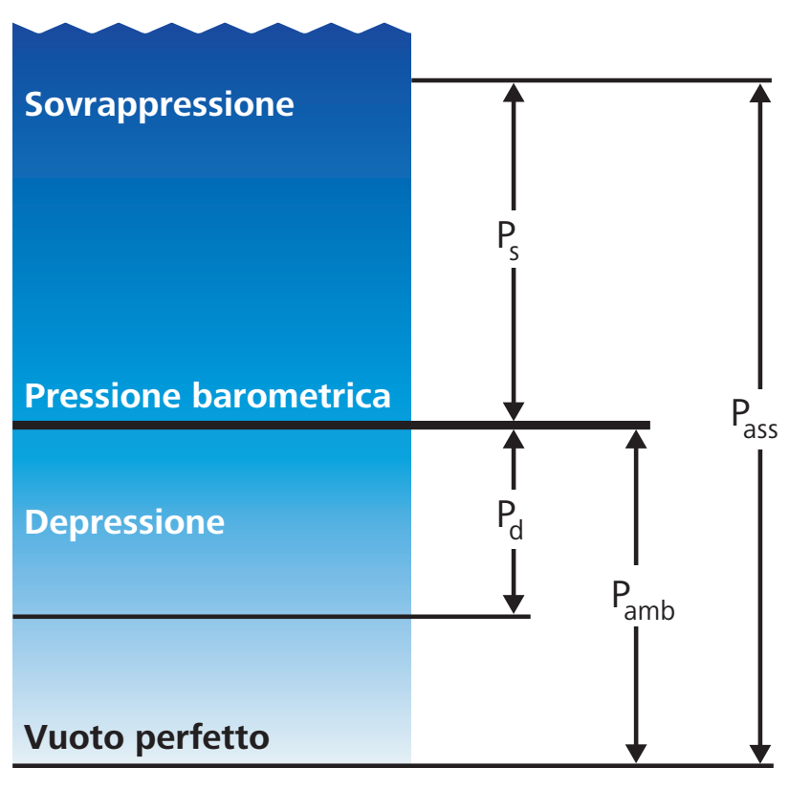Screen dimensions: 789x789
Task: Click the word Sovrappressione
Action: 159,104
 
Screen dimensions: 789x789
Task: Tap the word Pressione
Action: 102,396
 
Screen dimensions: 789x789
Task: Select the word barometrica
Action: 292,396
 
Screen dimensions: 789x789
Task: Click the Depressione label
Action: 124,523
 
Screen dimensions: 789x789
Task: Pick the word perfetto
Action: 203,738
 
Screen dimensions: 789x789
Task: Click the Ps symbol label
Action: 508,239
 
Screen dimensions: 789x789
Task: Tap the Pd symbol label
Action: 510,519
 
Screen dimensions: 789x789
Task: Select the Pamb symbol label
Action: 643,600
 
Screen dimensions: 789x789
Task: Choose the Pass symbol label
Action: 755,419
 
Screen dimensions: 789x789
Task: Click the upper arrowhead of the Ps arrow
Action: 514,93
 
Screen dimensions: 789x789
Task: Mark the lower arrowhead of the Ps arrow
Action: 514,411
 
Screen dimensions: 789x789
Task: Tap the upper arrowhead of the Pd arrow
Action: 514,440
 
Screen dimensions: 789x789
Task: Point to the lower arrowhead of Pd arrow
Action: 514,603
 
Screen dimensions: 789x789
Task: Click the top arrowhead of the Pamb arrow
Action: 636,440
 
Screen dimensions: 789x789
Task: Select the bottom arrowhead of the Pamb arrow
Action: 636,754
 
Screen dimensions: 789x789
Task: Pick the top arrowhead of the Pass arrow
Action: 759,93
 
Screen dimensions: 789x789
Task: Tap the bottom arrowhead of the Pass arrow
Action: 759,754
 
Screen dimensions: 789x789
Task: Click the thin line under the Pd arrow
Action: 272,616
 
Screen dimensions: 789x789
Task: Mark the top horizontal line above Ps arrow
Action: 592,80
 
